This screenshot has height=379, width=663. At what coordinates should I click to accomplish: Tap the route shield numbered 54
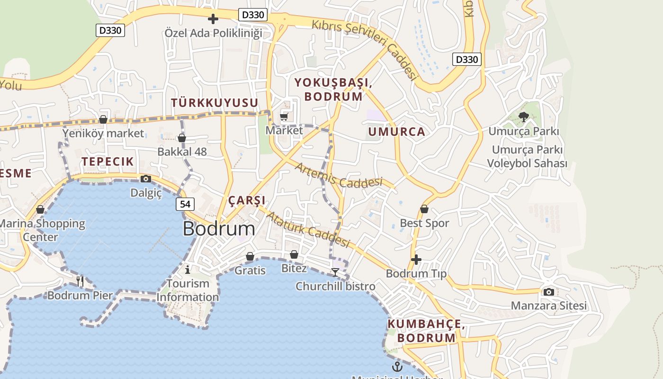click(185, 204)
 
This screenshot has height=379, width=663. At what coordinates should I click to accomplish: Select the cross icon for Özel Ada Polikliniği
click(213, 19)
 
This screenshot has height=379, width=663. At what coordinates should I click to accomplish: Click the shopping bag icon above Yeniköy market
click(103, 119)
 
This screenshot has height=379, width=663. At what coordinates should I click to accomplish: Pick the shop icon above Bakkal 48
click(181, 138)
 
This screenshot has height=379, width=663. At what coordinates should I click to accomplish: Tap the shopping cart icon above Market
click(284, 117)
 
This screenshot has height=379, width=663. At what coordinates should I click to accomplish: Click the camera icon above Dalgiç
click(146, 179)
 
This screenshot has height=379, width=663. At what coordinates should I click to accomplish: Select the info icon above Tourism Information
click(188, 270)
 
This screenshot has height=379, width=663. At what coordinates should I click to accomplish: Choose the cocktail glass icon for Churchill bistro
click(335, 272)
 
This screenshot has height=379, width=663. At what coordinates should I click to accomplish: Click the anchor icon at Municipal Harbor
click(397, 366)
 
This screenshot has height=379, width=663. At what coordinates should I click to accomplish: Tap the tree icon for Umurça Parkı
click(524, 117)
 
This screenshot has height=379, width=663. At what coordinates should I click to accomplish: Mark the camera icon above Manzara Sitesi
click(548, 292)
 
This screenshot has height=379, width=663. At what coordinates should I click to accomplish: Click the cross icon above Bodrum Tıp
click(416, 260)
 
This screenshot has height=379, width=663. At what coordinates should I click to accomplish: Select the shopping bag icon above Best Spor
click(424, 209)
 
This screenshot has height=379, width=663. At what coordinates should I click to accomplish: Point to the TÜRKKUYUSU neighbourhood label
click(215, 103)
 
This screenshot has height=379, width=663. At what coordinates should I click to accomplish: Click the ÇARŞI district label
click(247, 200)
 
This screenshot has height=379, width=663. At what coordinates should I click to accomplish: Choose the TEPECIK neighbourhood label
click(108, 162)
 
